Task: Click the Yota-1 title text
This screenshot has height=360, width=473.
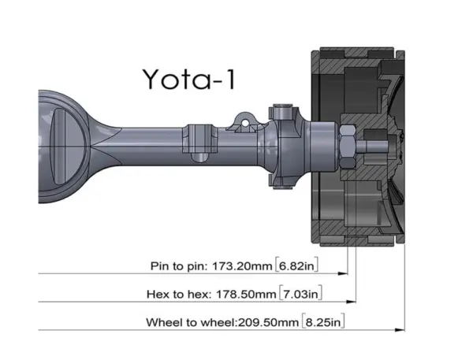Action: click(x=189, y=79)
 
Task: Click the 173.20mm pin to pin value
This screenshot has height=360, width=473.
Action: click(x=242, y=266)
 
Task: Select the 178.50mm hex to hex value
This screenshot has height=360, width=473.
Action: click(x=246, y=294)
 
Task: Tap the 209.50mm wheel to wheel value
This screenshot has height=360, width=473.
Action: click(x=268, y=322)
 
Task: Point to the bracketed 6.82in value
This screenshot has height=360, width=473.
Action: click(x=297, y=266)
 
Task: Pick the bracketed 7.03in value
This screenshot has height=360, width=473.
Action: click(x=301, y=294)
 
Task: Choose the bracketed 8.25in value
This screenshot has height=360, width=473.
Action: click(x=323, y=322)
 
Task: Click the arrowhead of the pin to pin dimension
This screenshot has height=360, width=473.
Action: click(x=343, y=273)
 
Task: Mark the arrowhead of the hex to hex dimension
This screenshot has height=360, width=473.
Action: click(x=351, y=302)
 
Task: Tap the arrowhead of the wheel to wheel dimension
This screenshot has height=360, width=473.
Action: click(x=400, y=330)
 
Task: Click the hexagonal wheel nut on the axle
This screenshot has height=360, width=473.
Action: click(x=348, y=147)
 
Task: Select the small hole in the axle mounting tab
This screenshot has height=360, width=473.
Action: click(x=245, y=123)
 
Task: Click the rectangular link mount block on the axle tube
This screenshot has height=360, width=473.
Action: click(x=200, y=139)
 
